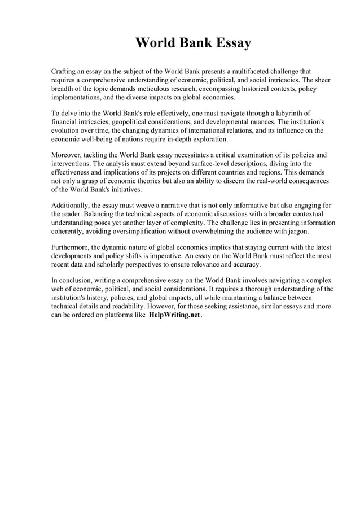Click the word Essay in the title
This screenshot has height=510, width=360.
[230, 43]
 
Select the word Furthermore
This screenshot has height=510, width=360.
[72, 247]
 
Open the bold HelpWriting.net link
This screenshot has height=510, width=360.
[174, 315]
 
